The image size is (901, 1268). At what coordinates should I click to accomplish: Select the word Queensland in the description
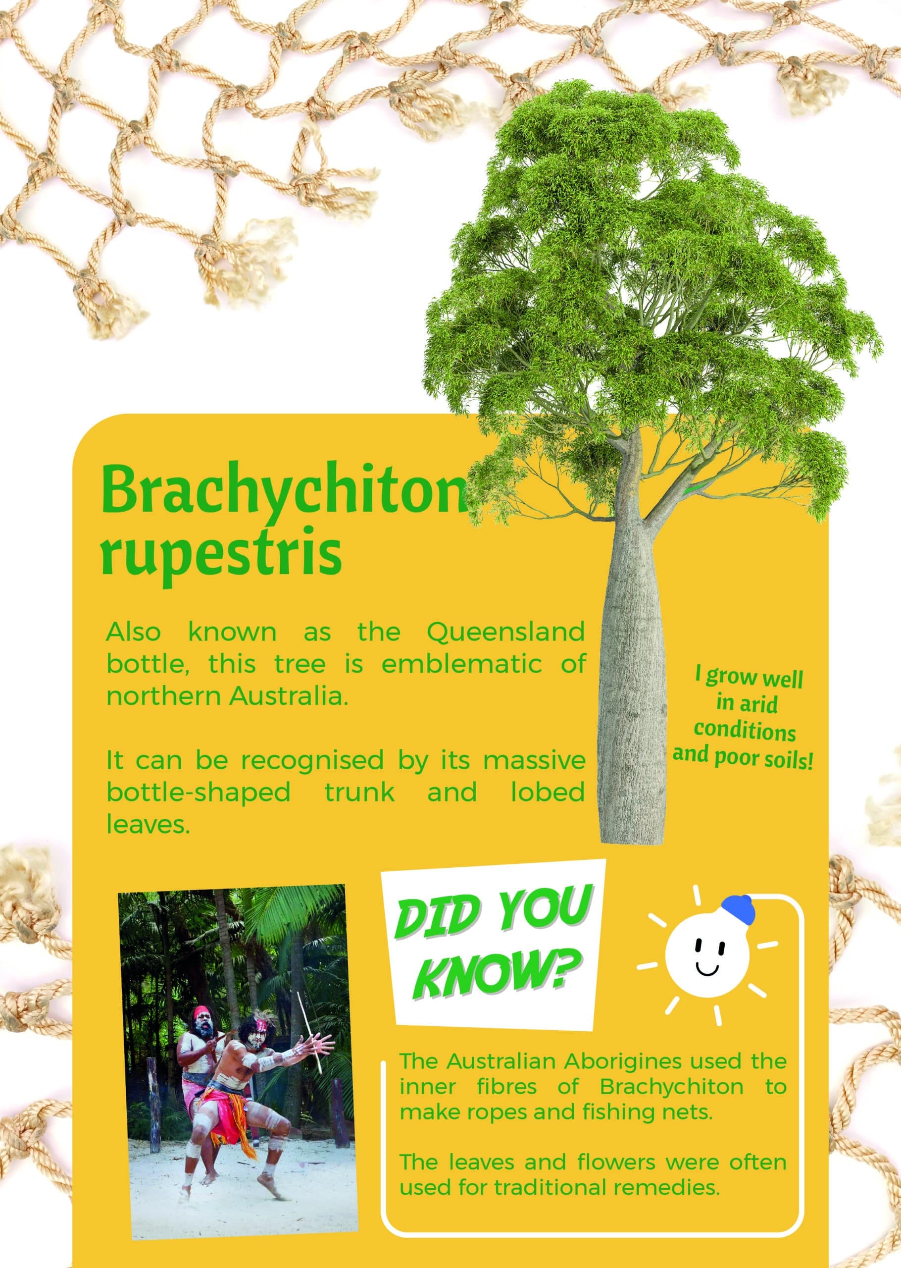pyautogui.click(x=505, y=633)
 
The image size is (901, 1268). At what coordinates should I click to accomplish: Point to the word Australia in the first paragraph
pyautogui.click(x=288, y=696)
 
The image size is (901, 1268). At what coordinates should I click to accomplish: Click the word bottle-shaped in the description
pyautogui.click(x=198, y=792)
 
